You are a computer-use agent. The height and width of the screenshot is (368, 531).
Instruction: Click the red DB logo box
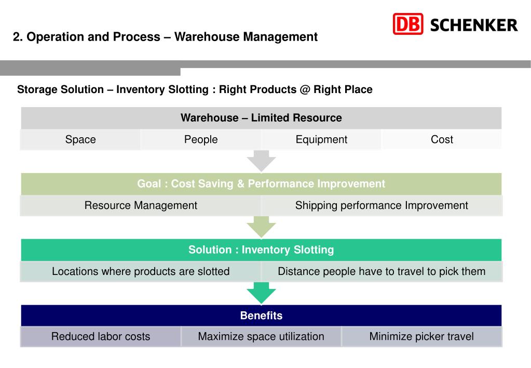pos(408,24)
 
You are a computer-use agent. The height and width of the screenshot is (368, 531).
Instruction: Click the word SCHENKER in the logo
pos(474,25)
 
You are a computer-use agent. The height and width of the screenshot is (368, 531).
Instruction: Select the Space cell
pos(80,140)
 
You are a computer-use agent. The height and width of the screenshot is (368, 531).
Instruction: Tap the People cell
pos(201,140)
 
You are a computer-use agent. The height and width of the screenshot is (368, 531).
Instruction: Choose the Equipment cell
pos(321,140)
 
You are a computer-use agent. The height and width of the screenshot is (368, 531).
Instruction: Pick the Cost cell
pos(442,140)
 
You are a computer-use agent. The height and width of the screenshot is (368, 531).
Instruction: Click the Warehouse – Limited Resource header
pos(261,118)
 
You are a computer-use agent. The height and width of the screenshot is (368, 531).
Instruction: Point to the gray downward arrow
pos(261,161)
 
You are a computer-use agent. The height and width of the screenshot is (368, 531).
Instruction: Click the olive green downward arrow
pos(261,227)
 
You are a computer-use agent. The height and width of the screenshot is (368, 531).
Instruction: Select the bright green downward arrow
pos(261,293)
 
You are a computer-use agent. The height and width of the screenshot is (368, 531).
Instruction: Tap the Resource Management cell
pos(141,205)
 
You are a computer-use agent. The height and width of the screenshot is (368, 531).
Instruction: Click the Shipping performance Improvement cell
pos(382,205)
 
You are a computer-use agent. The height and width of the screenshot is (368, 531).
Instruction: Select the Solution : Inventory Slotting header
pos(261,250)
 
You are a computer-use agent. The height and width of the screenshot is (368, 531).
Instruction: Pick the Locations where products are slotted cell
pos(141,271)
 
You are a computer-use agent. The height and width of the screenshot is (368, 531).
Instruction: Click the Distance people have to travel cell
pos(382,271)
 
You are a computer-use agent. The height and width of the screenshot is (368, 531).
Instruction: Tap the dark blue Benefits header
pos(261,316)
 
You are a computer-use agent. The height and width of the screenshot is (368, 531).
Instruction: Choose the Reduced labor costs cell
pos(101,337)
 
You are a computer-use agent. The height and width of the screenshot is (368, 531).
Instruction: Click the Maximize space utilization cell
pos(261,337)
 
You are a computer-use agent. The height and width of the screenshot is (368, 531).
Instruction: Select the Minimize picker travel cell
pos(421,337)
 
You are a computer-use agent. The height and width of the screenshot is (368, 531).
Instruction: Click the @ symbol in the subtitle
pos(305,89)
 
